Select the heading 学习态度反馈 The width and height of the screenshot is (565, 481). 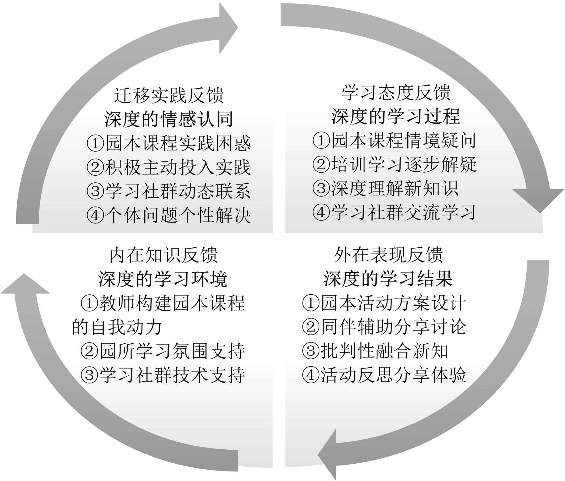(396, 92)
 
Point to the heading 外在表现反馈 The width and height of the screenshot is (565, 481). (388, 255)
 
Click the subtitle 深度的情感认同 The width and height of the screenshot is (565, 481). (169, 119)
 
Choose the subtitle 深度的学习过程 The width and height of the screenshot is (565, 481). (396, 117)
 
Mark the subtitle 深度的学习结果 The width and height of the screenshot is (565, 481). (388, 279)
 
